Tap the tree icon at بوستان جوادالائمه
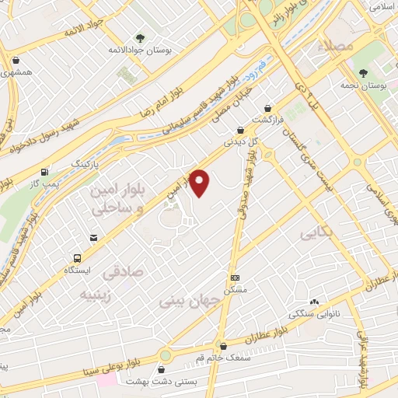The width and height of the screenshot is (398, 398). click(140, 37)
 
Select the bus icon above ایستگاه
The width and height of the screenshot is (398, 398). click(78, 257)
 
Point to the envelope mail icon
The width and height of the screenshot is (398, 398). click(94, 236)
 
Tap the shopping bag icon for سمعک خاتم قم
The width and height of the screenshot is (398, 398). click(223, 346)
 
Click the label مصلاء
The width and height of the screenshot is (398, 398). click(335, 47)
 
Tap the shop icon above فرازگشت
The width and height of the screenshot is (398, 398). click(268, 108)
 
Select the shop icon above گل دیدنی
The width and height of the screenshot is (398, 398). click(239, 130)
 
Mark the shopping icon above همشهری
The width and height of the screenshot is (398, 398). click(16, 59)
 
